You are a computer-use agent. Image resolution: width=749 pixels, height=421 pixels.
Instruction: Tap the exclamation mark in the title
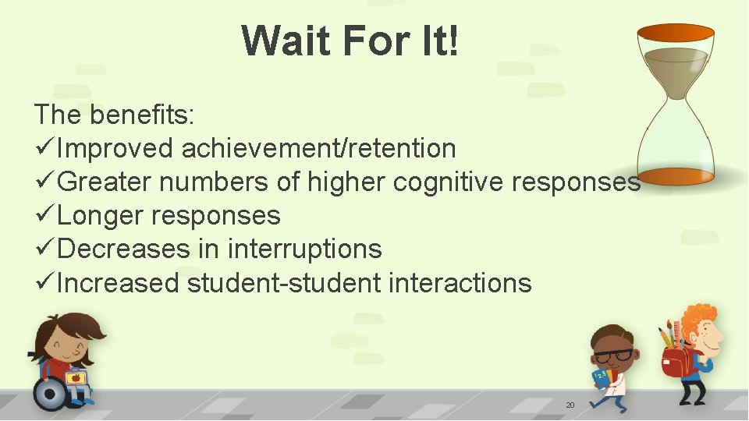coord(451,41)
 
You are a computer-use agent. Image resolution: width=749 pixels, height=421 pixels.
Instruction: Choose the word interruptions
coord(304,249)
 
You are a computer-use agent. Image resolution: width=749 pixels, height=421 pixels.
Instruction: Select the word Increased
coord(118,282)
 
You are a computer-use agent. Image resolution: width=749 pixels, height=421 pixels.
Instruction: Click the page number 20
coord(570,405)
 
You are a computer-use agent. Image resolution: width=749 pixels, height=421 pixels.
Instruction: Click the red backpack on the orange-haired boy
coord(676,363)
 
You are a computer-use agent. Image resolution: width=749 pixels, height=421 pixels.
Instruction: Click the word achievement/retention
coord(318,147)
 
